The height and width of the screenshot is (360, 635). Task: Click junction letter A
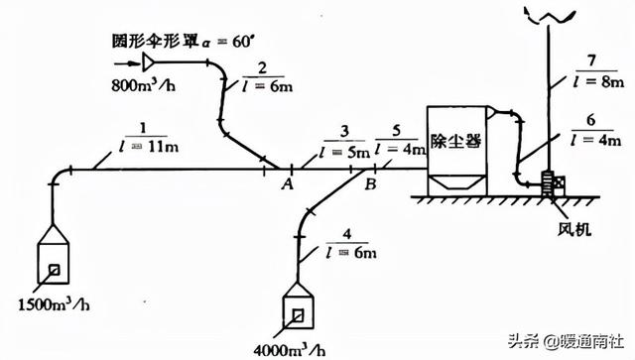(287, 183)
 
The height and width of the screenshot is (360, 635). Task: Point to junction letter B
(369, 183)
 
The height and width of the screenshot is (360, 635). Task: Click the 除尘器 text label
(454, 142)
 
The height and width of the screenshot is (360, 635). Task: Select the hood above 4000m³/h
(297, 308)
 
